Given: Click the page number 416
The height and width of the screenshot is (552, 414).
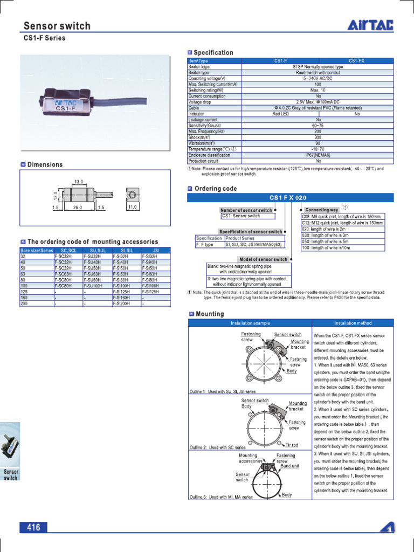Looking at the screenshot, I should pyautogui.click(x=33, y=528).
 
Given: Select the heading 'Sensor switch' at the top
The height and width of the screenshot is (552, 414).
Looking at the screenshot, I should pyautogui.click(x=57, y=26).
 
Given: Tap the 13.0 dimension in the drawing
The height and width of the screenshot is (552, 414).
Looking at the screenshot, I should pyautogui.click(x=79, y=182).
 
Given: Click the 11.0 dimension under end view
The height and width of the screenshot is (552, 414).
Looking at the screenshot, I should pyautogui.click(x=133, y=207).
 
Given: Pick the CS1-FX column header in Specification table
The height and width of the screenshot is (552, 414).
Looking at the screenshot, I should pyautogui.click(x=356, y=61).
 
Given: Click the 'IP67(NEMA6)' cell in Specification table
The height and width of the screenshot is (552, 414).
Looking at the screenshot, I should pyautogui.click(x=318, y=155).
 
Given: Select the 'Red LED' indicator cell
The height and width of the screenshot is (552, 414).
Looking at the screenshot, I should pyautogui.click(x=280, y=114).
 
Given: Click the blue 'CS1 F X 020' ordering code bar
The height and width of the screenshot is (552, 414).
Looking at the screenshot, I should pyautogui.click(x=291, y=198).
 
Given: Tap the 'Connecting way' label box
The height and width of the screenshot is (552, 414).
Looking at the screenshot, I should pyautogui.click(x=321, y=210).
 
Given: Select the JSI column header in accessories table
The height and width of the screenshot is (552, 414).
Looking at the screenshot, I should pyautogui.click(x=156, y=250).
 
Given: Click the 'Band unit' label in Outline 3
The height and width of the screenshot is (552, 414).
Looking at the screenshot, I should pyautogui.click(x=289, y=466).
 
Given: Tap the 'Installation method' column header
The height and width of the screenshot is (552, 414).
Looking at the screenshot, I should pyautogui.click(x=353, y=323).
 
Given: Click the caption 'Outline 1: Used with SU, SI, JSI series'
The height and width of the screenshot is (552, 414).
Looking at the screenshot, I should pyautogui.click(x=223, y=391).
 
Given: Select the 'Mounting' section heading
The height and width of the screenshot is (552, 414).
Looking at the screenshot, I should pyautogui.click(x=210, y=314).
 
